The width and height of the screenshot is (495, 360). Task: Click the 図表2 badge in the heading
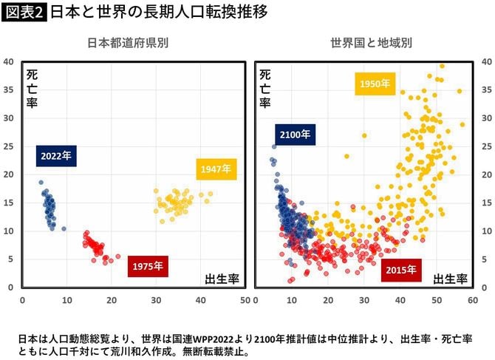tap(24, 13)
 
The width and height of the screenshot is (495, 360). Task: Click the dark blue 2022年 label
tap(56, 156)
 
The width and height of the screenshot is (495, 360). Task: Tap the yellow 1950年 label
tap(375, 84)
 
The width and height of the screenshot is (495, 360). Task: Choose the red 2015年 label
tap(402, 270)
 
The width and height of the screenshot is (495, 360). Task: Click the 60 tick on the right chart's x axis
tap(473, 301)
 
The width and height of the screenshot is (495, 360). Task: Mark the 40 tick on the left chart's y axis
tap(10, 62)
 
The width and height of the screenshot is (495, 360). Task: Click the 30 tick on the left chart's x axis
tap(156, 301)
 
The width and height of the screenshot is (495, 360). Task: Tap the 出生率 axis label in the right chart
tap(450, 279)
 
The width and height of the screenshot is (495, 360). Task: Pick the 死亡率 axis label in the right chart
tap(265, 87)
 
